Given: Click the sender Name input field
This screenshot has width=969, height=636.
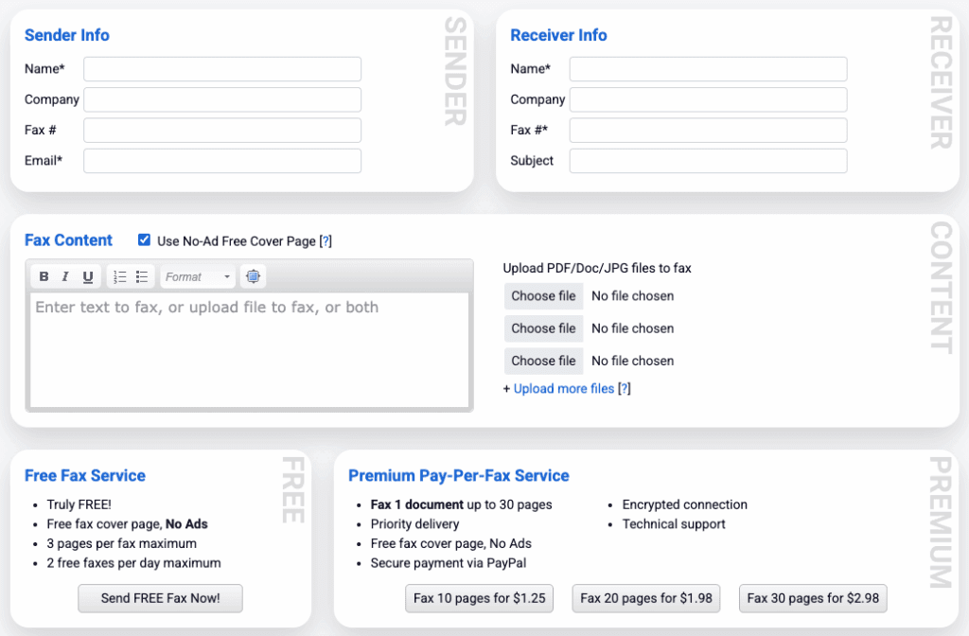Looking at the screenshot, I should tap(222, 69).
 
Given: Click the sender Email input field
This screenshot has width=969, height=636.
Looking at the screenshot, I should tap(222, 161).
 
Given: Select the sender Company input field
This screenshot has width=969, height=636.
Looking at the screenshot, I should tap(222, 99).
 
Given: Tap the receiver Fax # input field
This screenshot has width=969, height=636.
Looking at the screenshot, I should tap(708, 130).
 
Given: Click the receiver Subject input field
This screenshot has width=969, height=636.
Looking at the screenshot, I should tap(708, 161).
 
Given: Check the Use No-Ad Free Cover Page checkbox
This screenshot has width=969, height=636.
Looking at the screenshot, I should tap(145, 240).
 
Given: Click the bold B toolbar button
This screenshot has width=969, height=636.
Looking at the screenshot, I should tap(44, 276).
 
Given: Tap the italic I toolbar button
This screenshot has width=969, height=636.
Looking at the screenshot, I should tap(65, 276).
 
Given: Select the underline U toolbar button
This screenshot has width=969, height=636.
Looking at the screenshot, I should tap(88, 276).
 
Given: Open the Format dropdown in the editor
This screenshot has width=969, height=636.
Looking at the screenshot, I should tap(197, 276).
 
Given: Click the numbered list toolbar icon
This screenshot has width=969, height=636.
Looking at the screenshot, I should tap(120, 276).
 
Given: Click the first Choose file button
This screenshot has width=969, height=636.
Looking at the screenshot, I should tap(543, 296).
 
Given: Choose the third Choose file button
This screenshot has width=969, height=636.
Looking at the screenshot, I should tap(543, 361).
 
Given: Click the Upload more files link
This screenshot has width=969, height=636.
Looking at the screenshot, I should tap(564, 389).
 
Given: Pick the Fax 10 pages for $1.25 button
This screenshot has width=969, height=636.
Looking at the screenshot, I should tap(479, 598).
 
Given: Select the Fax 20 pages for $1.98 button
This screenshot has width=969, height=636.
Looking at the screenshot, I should tap(646, 598).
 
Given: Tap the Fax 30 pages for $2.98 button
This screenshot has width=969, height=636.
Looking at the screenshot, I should tap(813, 598).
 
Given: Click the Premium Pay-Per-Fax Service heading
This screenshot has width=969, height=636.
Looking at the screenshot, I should tap(459, 475).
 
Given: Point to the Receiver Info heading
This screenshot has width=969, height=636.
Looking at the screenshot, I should tap(558, 35).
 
